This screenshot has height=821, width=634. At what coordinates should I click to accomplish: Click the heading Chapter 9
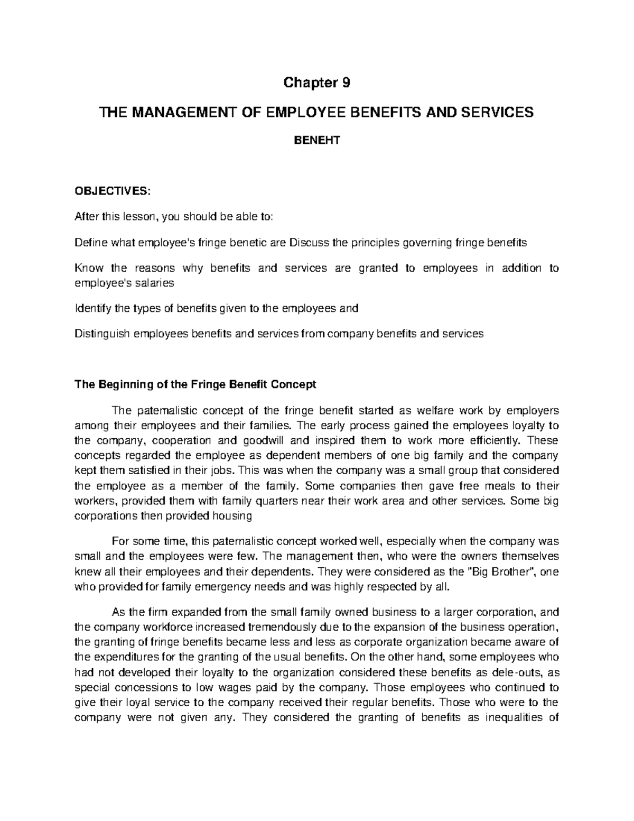(x=317, y=83)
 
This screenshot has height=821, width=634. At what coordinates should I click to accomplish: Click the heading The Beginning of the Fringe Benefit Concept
(x=195, y=384)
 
